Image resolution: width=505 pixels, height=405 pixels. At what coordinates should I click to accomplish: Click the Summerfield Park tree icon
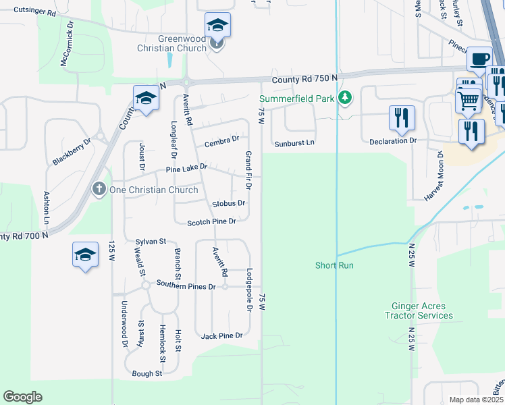345,98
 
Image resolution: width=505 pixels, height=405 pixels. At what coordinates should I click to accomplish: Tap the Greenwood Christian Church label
172,44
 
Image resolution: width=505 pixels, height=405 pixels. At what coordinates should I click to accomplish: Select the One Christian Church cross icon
99,189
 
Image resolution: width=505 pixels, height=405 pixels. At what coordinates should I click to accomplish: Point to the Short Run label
334,265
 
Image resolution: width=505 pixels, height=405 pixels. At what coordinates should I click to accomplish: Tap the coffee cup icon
480,59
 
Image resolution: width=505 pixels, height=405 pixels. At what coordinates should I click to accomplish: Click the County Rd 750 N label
304,80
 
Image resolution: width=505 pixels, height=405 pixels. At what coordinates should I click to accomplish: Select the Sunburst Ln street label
294,143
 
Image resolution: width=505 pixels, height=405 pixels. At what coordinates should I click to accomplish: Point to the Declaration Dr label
393,141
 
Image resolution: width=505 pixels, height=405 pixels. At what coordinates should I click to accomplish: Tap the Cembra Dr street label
222,140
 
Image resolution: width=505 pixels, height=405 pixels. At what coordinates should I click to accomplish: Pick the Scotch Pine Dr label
211,221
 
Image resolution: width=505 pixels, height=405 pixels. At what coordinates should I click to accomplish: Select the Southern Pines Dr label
186,286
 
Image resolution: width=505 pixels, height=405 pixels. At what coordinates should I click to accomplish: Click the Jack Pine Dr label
221,335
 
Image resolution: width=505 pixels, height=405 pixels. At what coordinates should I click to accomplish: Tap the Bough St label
147,373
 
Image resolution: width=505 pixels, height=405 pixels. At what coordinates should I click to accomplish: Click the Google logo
22,397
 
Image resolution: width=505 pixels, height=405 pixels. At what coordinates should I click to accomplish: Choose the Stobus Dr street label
228,202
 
